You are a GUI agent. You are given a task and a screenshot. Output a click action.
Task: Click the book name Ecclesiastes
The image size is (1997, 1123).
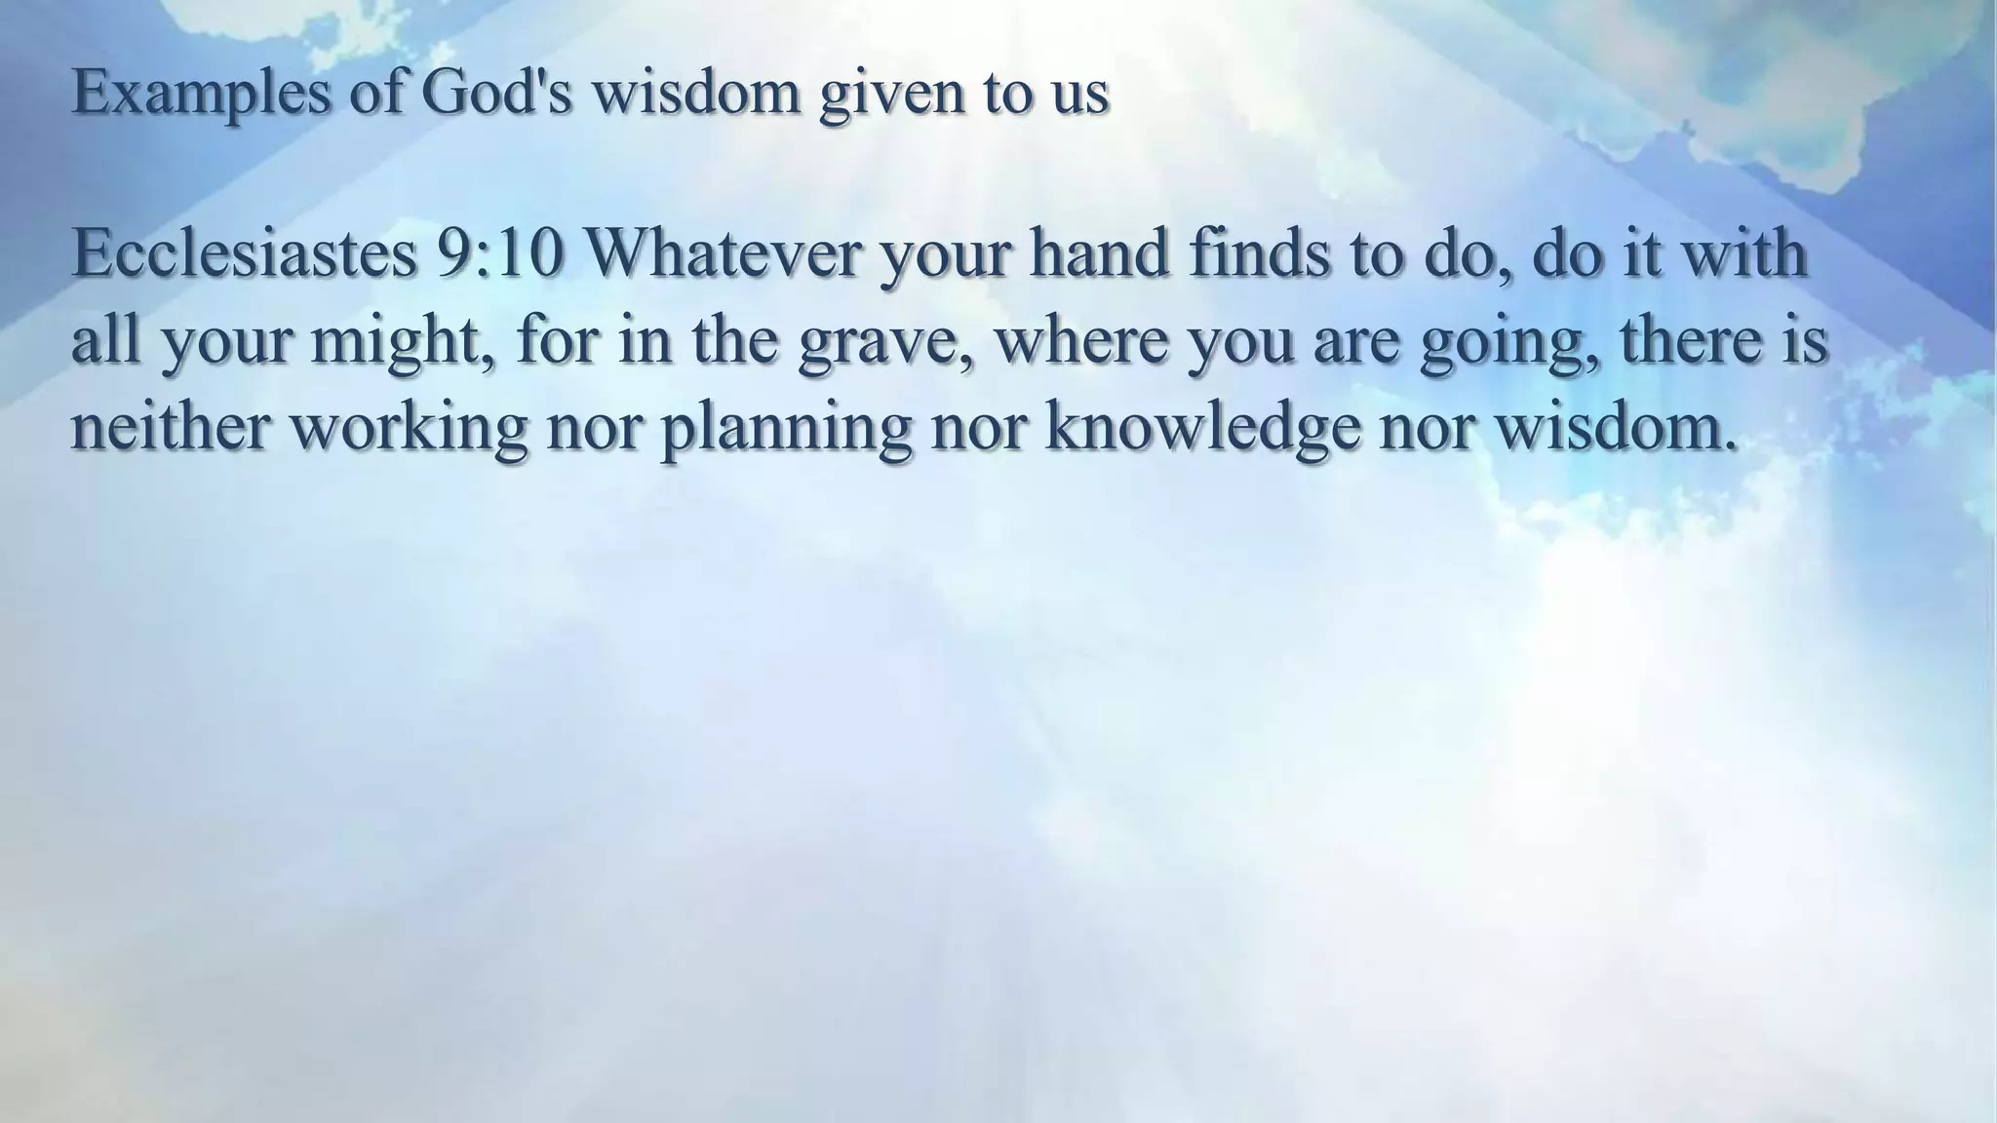coord(244,253)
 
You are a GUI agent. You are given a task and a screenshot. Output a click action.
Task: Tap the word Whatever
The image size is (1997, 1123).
coord(721,253)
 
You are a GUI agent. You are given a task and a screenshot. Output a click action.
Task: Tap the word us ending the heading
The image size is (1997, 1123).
coord(1081,96)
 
